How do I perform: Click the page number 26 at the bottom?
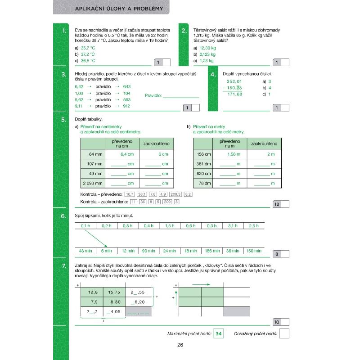[180, 345]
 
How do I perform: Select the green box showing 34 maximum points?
[219, 333]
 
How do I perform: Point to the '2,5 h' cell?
[254, 225]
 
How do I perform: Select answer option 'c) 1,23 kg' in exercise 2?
[203, 60]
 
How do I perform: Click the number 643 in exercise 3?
[126, 86]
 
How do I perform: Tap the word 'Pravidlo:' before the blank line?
[153, 95]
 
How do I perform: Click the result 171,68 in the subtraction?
[234, 94]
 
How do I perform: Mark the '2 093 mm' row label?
[93, 183]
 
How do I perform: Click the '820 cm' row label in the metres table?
[204, 173]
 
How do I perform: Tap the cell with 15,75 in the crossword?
[114, 292]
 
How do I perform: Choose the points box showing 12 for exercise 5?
[277, 204]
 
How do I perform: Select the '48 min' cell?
[85, 251]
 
